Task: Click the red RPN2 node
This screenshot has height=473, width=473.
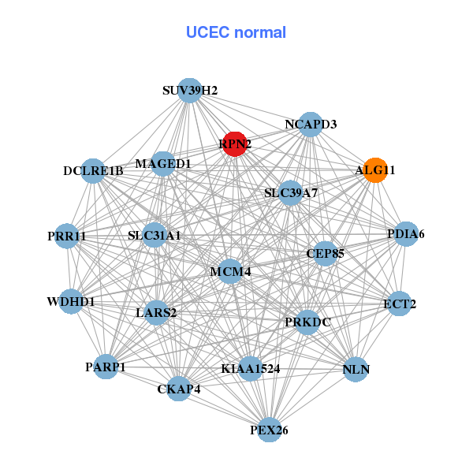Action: pos(234,144)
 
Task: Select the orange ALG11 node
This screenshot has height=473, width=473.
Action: pos(375,170)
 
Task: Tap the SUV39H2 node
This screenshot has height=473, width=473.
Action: pos(189,90)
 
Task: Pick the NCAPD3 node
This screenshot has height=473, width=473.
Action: pos(311,125)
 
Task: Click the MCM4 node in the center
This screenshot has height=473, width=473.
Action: pos(230,271)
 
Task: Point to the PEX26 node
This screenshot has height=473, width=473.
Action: pos(270,430)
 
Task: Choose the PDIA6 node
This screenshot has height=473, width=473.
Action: pos(405,234)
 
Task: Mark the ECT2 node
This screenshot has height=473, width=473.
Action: pos(400,304)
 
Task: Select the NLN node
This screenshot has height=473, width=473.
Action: pos(356,369)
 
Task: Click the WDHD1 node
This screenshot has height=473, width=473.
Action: pos(71,301)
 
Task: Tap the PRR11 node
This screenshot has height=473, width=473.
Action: pos(67,236)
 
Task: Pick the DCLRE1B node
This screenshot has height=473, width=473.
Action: pos(93,171)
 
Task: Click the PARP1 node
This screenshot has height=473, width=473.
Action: pos(106,367)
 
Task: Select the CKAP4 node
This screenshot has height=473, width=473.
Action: pos(179,389)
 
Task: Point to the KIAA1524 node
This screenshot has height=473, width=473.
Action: pos(251,368)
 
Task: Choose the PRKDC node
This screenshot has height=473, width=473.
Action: pos(307,322)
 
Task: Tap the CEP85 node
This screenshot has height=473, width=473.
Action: pos(325,254)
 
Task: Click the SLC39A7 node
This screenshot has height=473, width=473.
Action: pos(291,192)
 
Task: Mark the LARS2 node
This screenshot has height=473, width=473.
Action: pos(156,312)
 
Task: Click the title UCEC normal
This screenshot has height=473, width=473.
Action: pos(236,32)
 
